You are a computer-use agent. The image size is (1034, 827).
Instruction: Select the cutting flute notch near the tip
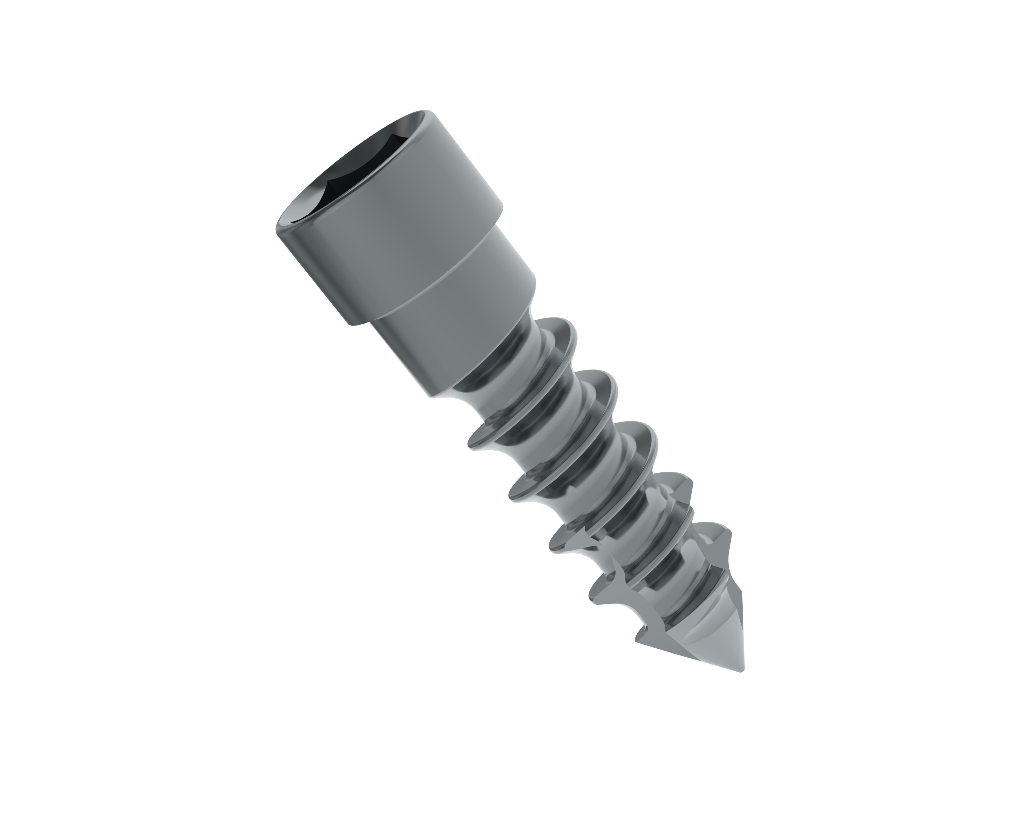tap(619, 599)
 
